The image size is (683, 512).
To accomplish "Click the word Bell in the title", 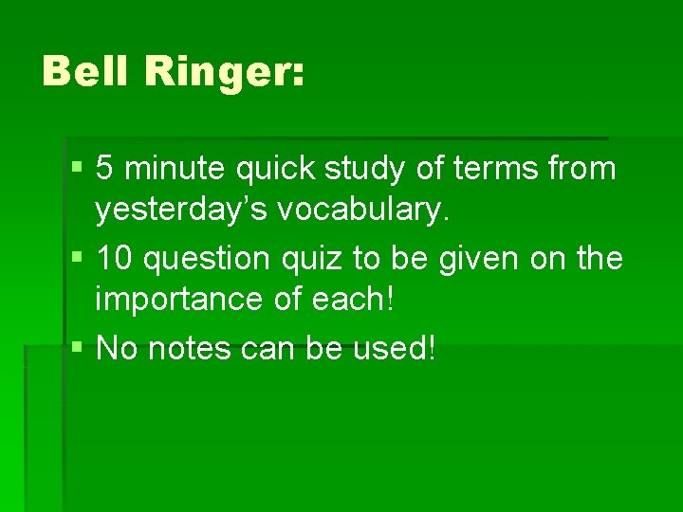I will [86, 72].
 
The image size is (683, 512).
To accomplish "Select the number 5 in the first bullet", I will [105, 170].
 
